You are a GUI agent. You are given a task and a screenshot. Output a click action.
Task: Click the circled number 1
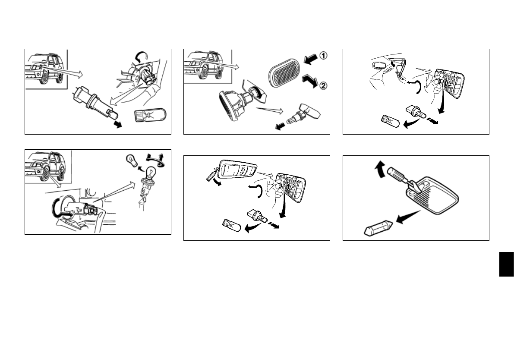tap(323, 55)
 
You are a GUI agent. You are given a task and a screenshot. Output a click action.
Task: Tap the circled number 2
tap(323, 86)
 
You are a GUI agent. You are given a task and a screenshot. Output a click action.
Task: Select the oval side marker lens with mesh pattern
tap(284, 73)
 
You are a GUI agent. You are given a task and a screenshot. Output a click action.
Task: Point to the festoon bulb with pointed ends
tap(378, 228)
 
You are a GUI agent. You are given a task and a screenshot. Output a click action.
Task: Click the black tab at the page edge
tap(507, 264)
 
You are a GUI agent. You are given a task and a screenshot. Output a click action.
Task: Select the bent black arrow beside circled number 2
tap(310, 81)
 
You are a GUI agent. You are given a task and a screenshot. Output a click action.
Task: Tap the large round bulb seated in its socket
tap(150, 173)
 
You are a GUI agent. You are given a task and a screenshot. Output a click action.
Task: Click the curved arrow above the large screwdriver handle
tap(380, 169)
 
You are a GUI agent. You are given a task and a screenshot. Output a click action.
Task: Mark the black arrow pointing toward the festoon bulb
tap(408, 217)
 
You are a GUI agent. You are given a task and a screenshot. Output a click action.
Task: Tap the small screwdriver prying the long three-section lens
tap(211, 173)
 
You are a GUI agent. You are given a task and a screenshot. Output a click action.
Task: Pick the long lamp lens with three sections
tap(237, 170)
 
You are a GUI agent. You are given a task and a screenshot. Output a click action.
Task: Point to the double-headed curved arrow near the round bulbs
tap(155, 158)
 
